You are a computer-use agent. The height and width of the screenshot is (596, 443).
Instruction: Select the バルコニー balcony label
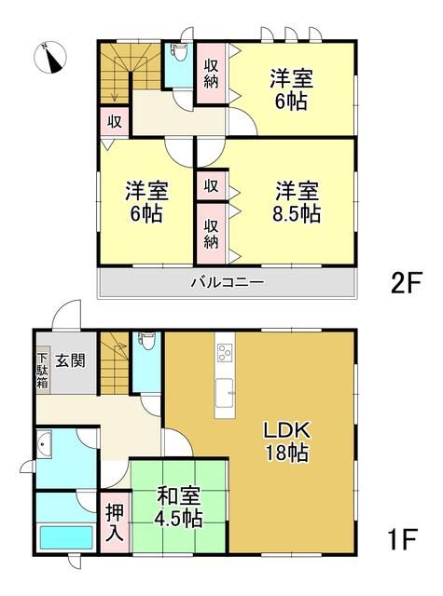(228, 282)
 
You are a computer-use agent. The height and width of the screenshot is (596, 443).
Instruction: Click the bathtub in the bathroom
(65, 539)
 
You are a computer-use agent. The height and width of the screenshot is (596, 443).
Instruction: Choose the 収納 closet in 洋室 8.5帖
(212, 228)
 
